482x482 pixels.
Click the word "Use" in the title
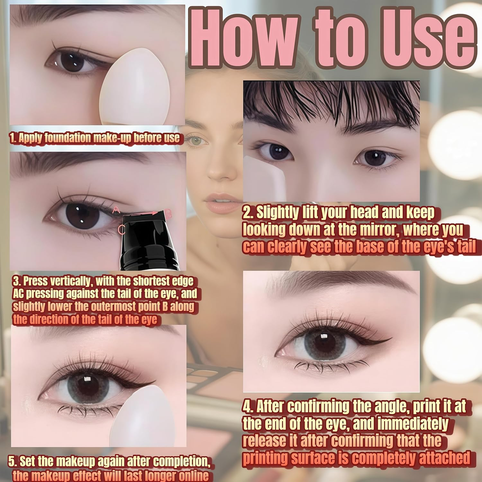coord(427,39)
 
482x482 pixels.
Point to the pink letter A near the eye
coord(116,210)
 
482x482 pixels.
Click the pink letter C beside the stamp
coord(121,229)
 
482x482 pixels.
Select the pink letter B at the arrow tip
coord(169,213)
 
